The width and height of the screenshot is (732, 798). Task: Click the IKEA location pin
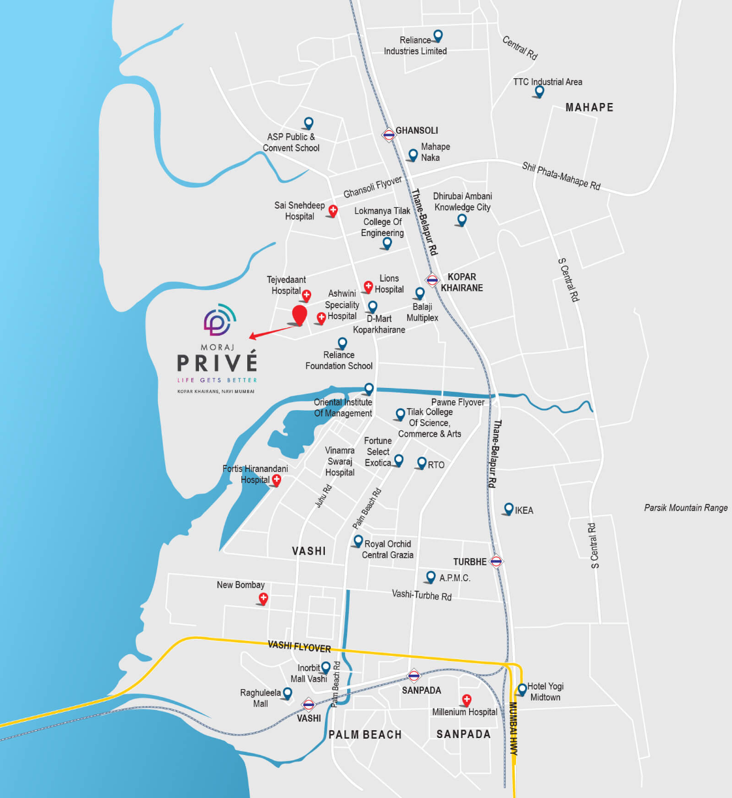(x=509, y=509)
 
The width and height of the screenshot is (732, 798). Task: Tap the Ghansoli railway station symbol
(x=388, y=135)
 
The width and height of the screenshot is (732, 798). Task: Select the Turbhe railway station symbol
(x=496, y=561)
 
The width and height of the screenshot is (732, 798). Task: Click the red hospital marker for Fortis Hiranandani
(x=277, y=480)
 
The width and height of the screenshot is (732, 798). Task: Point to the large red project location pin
(x=299, y=315)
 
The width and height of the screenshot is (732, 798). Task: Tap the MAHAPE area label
(x=589, y=108)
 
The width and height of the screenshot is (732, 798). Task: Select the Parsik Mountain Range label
(x=686, y=508)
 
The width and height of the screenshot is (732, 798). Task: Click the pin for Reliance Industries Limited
(x=438, y=36)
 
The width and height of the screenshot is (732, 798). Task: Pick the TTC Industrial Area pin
(x=539, y=91)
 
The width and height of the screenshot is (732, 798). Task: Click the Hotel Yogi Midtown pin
(x=522, y=689)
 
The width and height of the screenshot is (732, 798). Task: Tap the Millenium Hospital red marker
(x=466, y=700)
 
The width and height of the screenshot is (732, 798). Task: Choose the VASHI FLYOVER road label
(x=299, y=646)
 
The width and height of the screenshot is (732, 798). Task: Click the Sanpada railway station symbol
(x=414, y=675)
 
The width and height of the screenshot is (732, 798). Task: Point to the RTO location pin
(x=421, y=464)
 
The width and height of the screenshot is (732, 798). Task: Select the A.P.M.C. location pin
(x=431, y=577)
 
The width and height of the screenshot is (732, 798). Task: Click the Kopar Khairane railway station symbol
(x=432, y=281)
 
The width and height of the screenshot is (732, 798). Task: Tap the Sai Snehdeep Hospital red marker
(x=333, y=210)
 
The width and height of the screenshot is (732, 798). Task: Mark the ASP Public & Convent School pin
(x=309, y=123)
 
